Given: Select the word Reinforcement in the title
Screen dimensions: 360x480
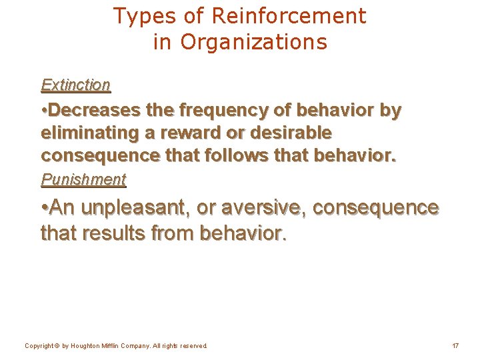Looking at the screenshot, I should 289,16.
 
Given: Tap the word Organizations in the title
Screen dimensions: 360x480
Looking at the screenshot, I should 253,42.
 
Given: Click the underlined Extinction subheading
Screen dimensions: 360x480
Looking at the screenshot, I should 75,85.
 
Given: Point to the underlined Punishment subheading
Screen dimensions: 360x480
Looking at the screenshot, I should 83,179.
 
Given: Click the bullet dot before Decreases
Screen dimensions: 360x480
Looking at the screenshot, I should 44,110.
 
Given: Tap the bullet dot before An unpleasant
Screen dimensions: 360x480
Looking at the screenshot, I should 44,208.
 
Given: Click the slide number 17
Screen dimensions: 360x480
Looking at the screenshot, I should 455,346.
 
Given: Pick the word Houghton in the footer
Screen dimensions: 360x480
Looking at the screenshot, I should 87,346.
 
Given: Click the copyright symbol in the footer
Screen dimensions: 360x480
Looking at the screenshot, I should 56,346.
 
